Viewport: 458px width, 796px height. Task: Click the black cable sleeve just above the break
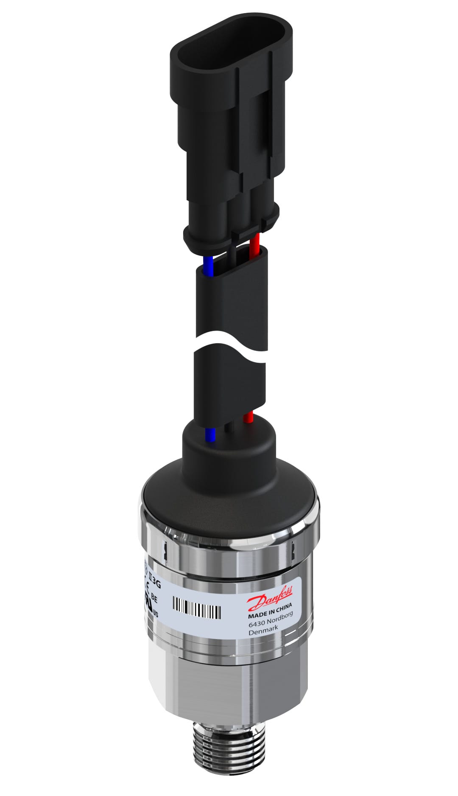coord(231,301)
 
